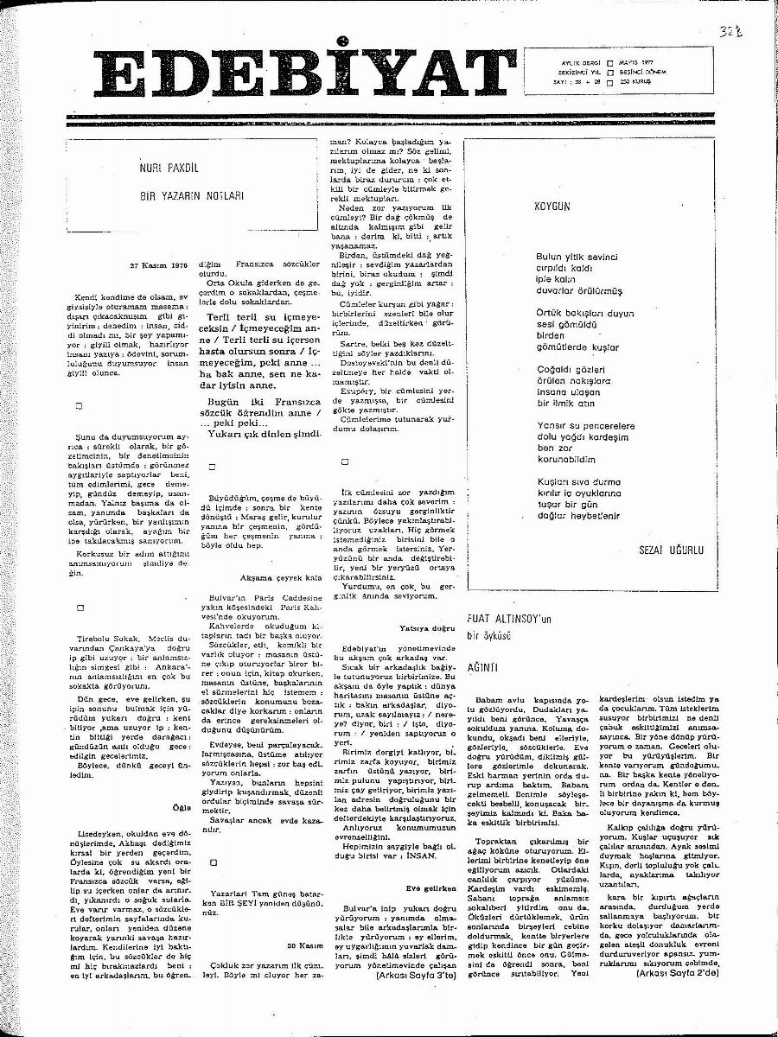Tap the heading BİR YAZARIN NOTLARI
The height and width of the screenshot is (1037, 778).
click(x=192, y=196)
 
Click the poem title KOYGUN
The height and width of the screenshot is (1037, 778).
click(x=553, y=207)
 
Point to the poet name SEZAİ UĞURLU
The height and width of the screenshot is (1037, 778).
click(x=669, y=550)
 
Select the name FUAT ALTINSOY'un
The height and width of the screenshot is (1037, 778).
click(x=508, y=620)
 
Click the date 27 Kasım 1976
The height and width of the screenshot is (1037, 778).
click(x=158, y=267)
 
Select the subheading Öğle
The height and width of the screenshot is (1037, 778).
click(x=180, y=808)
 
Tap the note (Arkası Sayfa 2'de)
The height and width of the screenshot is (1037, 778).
click(x=676, y=973)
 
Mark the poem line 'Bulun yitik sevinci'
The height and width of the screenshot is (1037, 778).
click(x=577, y=258)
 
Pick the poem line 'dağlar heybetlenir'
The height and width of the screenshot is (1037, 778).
click(x=578, y=515)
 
